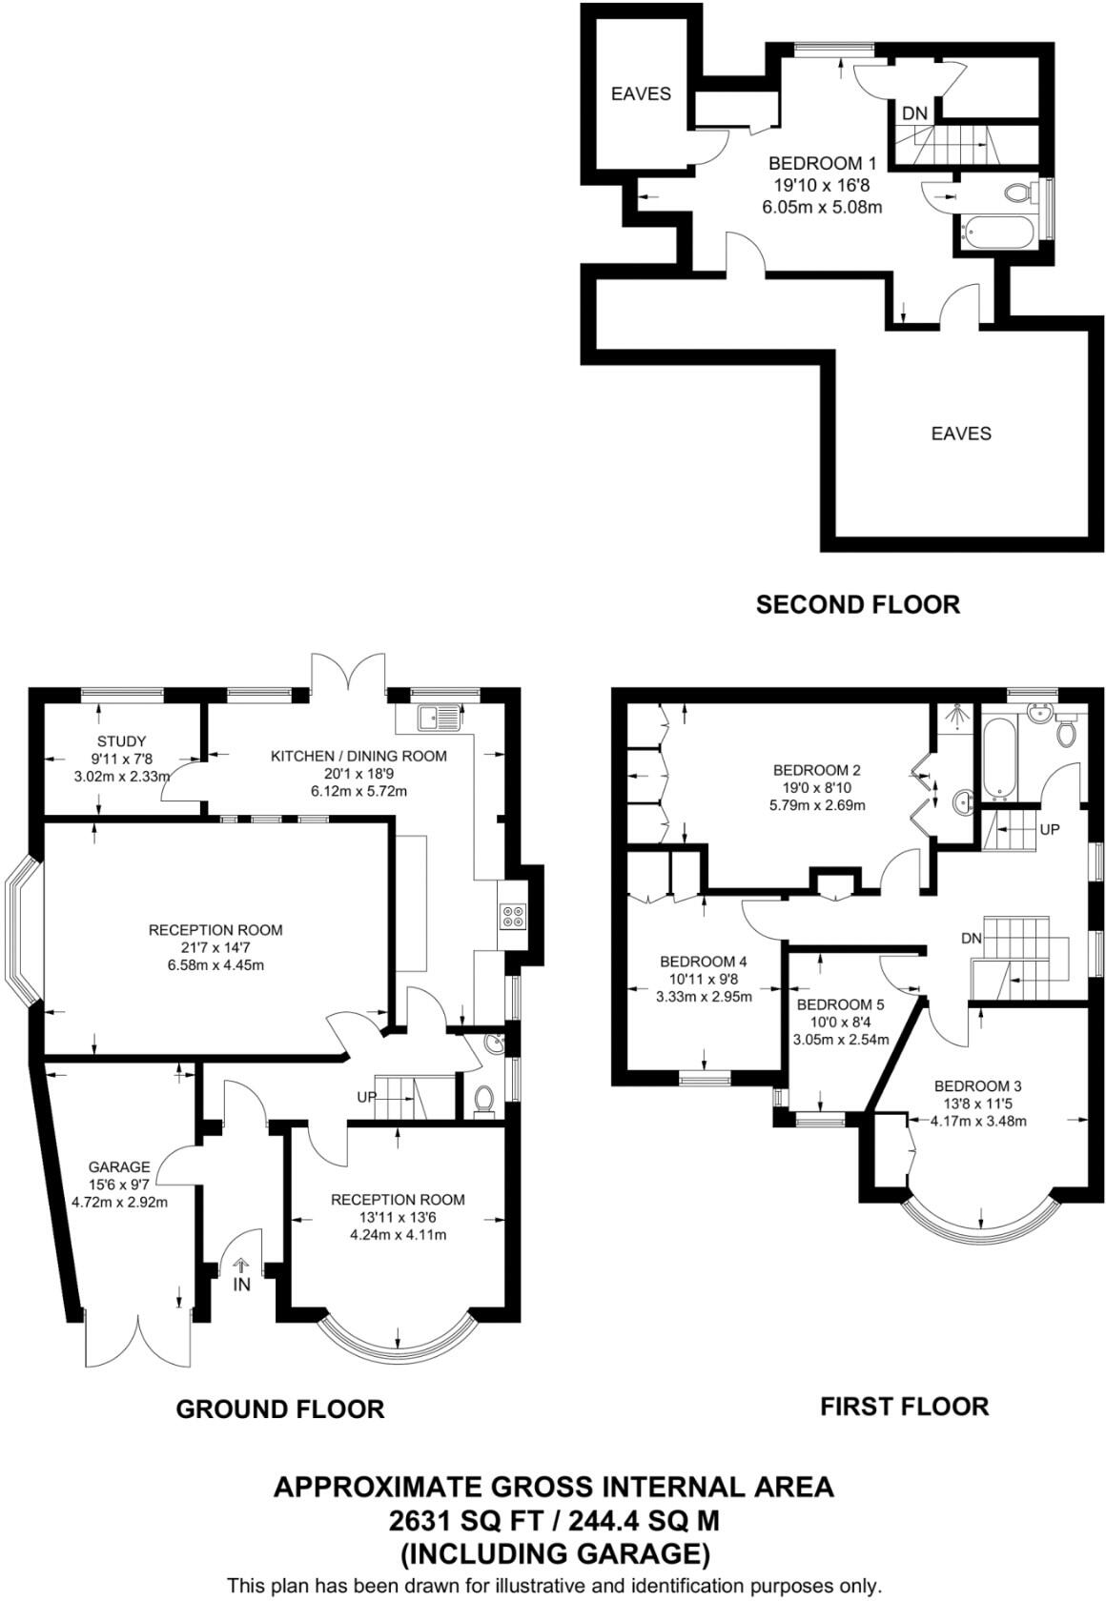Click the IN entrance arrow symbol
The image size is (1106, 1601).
click(241, 1266)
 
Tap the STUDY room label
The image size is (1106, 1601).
click(121, 740)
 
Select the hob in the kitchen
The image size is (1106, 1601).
click(512, 915)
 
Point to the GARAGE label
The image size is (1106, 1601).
click(119, 1166)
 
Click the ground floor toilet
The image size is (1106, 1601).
click(483, 1100)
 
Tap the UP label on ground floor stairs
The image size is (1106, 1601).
click(368, 1097)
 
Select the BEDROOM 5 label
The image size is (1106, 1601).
click(840, 1004)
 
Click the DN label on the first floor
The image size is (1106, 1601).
click(971, 939)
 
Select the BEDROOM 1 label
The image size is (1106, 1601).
click(822, 164)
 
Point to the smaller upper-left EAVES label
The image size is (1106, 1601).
click(641, 93)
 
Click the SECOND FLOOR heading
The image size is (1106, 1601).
click(857, 604)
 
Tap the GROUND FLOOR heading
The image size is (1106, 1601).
click(279, 1408)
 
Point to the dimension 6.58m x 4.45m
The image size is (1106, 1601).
click(215, 964)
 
